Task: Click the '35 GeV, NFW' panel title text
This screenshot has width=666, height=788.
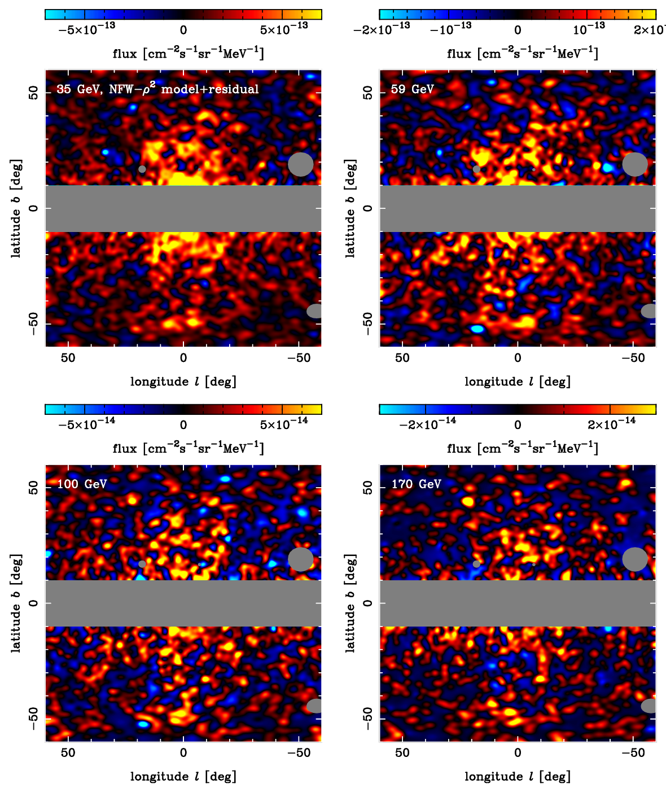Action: coord(157,89)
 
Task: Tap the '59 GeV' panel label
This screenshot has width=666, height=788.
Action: coord(412,89)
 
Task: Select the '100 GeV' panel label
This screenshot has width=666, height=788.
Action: coord(82,484)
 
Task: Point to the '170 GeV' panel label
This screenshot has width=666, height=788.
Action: coord(417,484)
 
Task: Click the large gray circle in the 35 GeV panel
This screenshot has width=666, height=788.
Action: coord(300,164)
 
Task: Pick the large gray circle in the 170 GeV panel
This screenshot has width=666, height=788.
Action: coord(635,559)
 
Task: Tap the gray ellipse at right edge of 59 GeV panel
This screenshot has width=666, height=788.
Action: coord(650,311)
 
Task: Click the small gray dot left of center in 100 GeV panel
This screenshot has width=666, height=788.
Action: coord(142,564)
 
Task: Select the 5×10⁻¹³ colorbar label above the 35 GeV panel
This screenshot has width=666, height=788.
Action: coord(284,29)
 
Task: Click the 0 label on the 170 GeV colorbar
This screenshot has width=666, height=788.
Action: coord(518,424)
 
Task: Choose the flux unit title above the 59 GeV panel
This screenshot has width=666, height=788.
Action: coord(522,54)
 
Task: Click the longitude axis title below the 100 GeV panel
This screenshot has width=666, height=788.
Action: coord(183,777)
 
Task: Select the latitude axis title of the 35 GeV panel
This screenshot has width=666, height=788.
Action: coord(16,208)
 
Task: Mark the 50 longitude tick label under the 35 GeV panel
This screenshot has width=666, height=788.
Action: coord(68,358)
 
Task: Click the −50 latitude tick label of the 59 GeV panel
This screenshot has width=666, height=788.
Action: coord(368,323)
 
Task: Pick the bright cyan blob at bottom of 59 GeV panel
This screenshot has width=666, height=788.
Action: coord(477,329)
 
